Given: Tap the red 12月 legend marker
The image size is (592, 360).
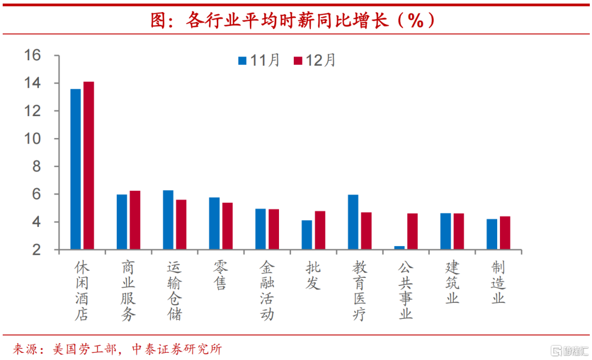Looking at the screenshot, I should (298, 60).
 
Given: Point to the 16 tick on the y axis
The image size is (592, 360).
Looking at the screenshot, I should (33, 55).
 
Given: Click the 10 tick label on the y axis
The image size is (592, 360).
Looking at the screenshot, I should (33, 139).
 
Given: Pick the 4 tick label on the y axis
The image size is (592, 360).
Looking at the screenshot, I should (37, 222).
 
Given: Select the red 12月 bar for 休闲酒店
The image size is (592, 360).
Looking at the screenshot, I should (89, 165).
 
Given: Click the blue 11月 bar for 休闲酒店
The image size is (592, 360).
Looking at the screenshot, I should (76, 169).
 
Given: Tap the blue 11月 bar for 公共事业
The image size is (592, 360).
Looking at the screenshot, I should (399, 248).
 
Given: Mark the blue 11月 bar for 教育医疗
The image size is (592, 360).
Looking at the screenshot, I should (353, 222).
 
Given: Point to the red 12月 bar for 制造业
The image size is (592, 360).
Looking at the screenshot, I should (505, 233).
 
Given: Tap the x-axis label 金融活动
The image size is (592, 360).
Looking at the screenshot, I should (266, 290).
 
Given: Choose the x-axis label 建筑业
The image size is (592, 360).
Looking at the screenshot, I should (452, 283).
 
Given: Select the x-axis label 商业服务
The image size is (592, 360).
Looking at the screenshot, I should (128, 290).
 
